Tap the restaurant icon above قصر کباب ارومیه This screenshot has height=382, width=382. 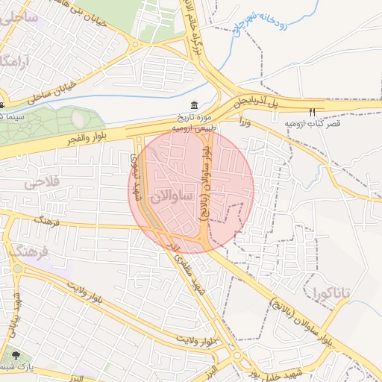[x=312, y=111]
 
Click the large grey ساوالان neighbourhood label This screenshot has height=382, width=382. [x=171, y=198]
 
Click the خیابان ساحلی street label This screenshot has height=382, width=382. [x=53, y=89]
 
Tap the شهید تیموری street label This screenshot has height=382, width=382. [x=135, y=175]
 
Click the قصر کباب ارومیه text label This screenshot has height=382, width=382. [x=313, y=124]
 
